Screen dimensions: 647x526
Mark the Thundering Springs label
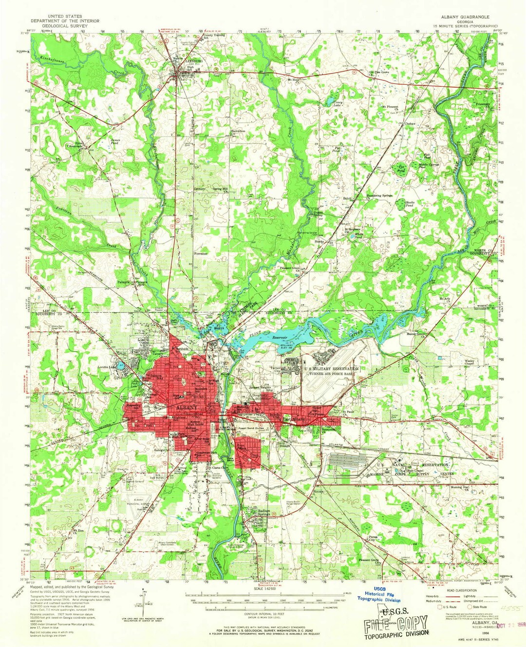point(379,196)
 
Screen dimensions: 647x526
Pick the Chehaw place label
point(411,124)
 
